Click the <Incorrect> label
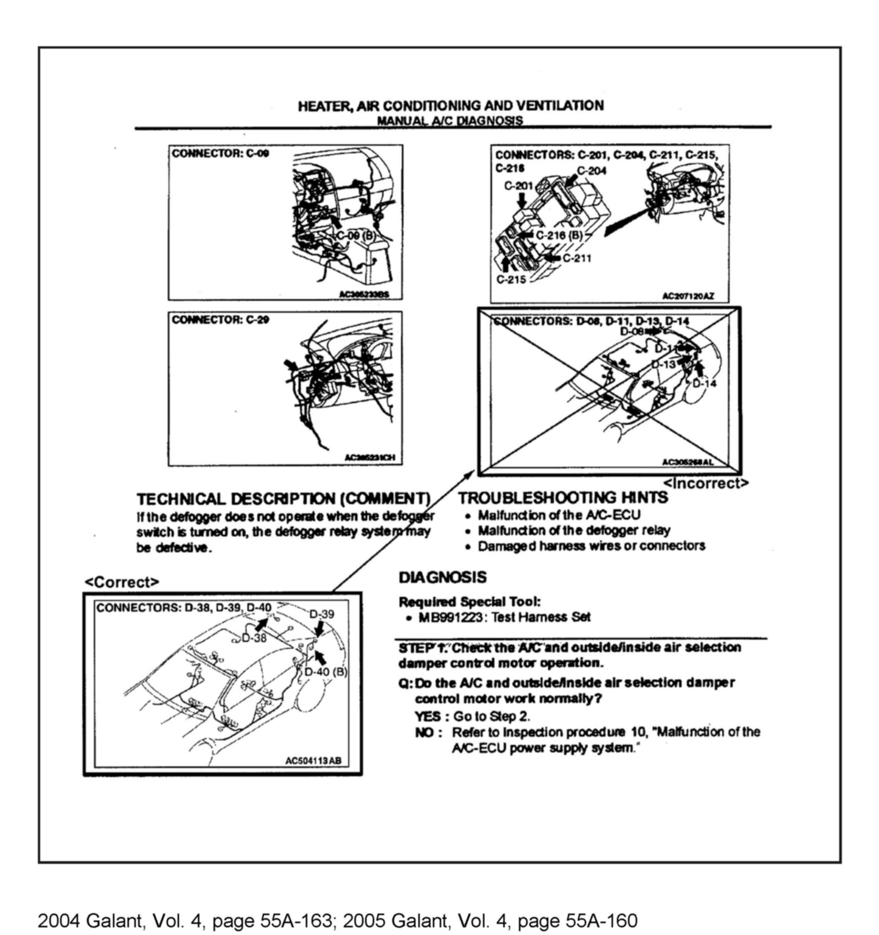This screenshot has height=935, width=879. (705, 483)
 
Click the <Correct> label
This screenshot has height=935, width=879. (122, 582)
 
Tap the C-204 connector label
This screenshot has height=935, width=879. (592, 170)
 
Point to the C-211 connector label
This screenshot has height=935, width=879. (577, 258)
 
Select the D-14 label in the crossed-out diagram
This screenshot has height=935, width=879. (705, 383)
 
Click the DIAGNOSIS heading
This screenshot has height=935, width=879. (442, 578)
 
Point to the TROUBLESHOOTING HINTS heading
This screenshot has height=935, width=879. (563, 498)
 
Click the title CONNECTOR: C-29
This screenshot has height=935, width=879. (220, 320)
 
